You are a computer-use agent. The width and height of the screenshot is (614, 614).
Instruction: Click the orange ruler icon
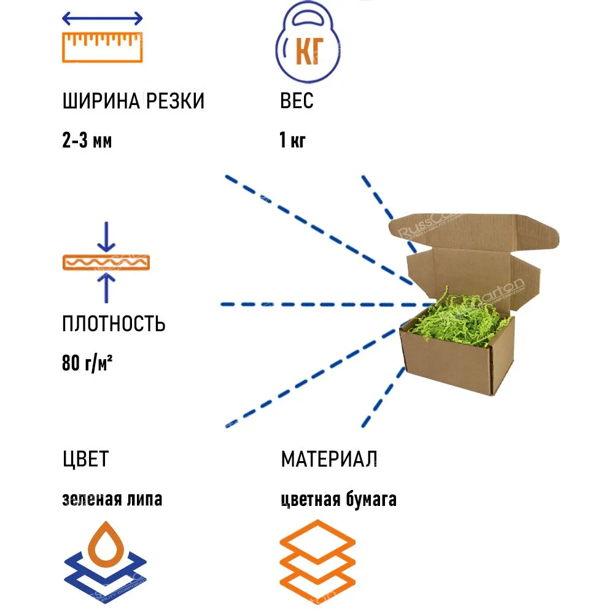pos(103,47)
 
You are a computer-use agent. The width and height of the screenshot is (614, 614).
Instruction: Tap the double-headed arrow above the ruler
pos(103,18)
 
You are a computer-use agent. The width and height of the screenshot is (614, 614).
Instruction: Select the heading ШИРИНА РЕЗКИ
pos(133,101)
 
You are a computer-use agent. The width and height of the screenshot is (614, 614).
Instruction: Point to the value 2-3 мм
pos(87,141)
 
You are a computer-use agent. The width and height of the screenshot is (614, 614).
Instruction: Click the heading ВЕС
pos(297,101)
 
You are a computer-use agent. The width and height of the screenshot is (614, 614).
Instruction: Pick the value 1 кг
pos(292,141)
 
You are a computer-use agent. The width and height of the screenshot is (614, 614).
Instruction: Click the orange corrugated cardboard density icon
pos(106,263)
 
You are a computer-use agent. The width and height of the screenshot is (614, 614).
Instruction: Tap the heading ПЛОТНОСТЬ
pos(114,324)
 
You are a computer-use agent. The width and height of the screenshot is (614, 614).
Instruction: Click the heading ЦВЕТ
pos(85,459)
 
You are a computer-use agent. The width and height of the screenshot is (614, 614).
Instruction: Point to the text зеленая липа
pos(112,499)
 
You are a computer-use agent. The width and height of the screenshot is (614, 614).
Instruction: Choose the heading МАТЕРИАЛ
pos(329,459)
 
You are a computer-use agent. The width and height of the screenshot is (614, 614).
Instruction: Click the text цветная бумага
pos(338,499)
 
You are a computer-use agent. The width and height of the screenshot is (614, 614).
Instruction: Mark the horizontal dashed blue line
pos(325,304)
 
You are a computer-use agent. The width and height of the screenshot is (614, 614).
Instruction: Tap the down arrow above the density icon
pos(106,236)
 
